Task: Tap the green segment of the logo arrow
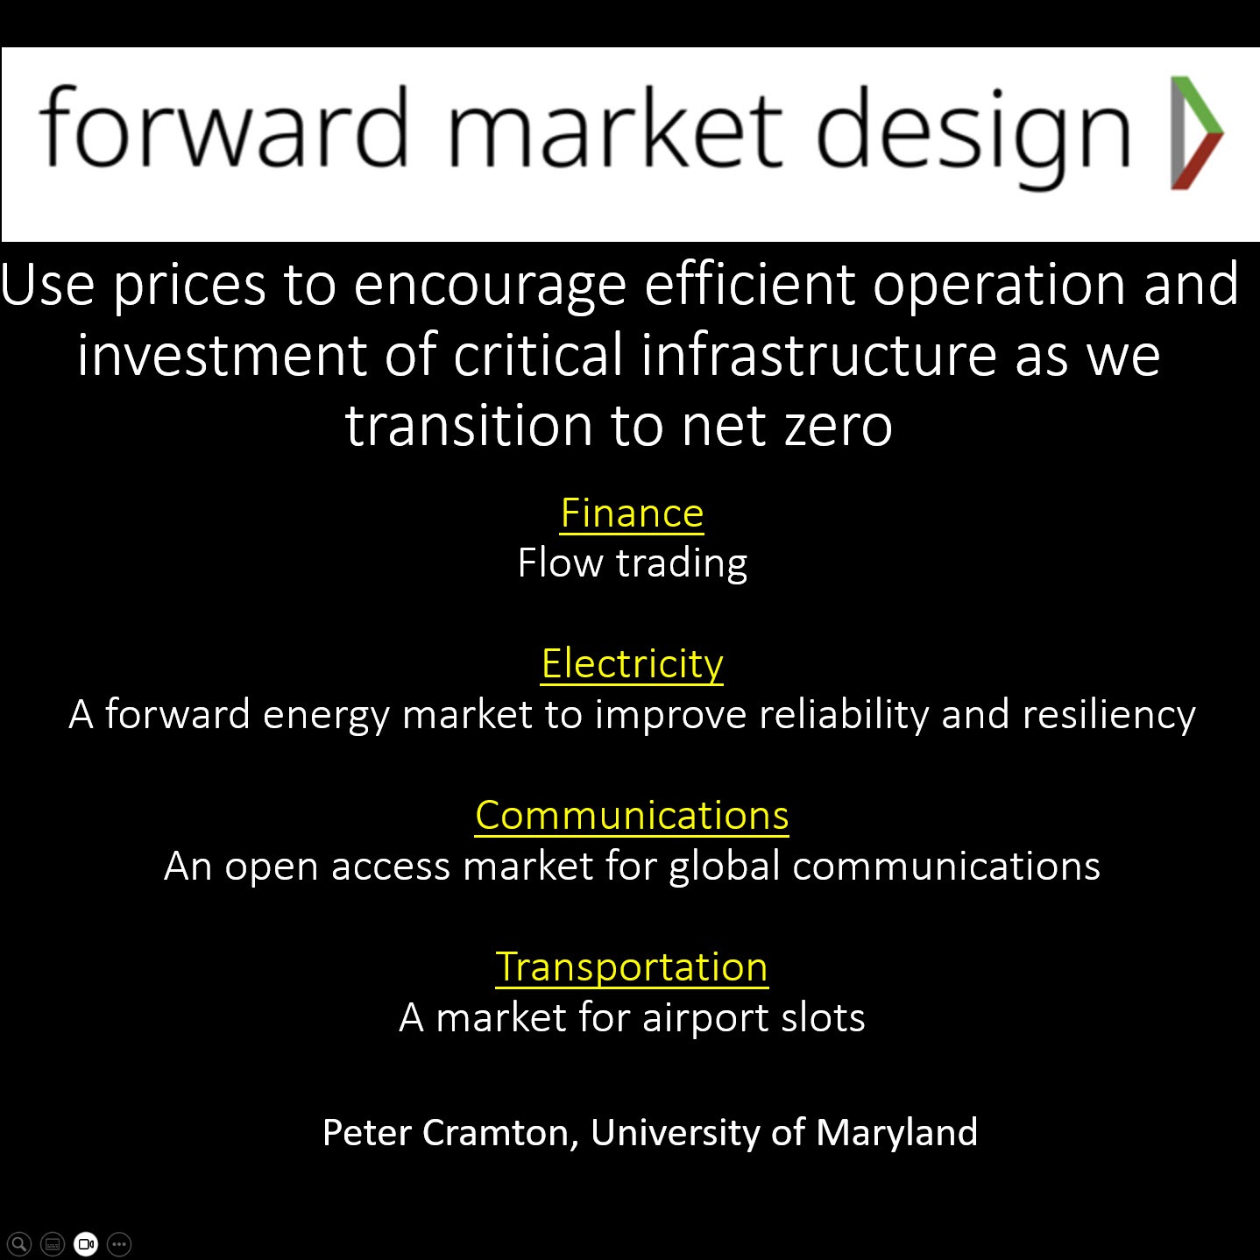(1198, 103)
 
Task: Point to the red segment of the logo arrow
(1198, 161)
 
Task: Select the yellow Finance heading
(632, 513)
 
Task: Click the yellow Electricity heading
(632, 664)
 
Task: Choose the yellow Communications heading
(632, 816)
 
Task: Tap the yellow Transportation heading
(632, 967)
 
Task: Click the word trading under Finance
(682, 563)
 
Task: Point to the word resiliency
(1109, 714)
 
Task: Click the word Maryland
(896, 1132)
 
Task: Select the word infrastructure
(818, 354)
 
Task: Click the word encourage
(490, 287)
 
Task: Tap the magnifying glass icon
(19, 1243)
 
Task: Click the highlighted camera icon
(86, 1243)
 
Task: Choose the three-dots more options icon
(119, 1243)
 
